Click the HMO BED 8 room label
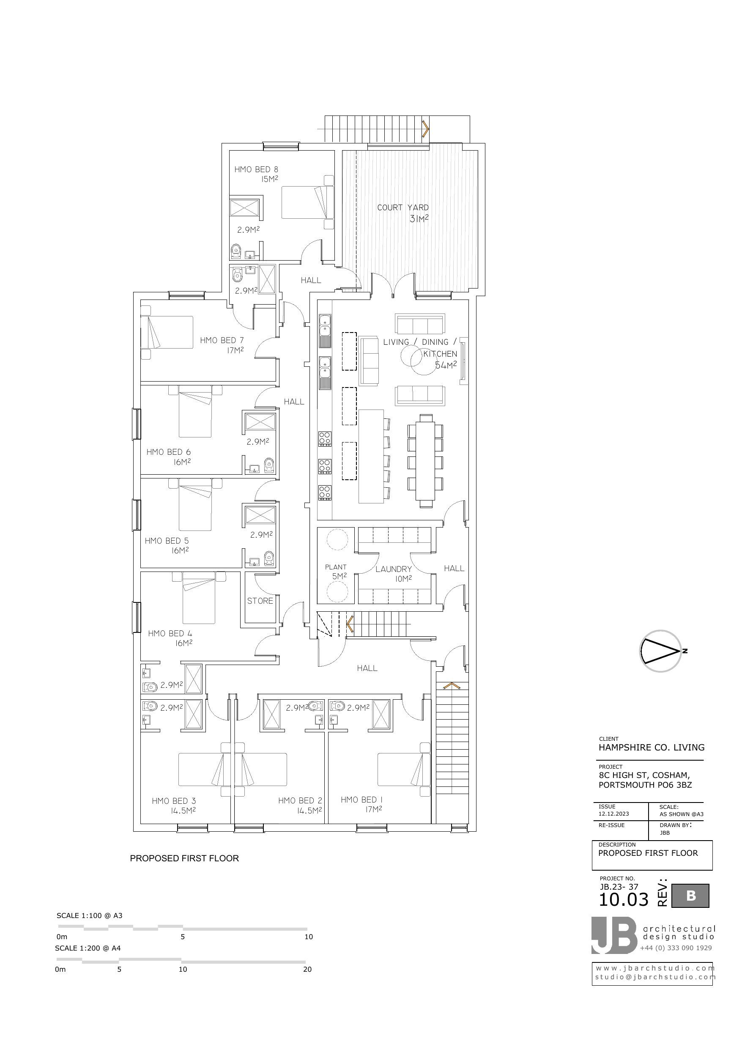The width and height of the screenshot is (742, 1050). point(256,170)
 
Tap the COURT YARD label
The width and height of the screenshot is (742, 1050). point(403,208)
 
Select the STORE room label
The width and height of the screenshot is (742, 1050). point(260,601)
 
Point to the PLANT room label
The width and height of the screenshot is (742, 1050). point(336,567)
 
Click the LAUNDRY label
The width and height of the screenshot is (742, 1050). point(394,569)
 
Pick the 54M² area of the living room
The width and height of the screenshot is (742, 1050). point(446,366)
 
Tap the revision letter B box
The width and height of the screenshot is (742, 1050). point(690,896)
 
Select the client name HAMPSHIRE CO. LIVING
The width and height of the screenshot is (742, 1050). point(652,747)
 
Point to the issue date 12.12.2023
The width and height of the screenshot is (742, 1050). point(614,814)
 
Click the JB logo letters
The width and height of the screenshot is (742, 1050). point(614,936)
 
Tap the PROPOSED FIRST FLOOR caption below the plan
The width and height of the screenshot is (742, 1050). point(184,858)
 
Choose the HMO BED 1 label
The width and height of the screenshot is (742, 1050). point(361,800)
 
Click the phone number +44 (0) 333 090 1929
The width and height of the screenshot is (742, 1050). point(676,948)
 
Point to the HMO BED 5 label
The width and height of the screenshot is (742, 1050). point(167,541)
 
